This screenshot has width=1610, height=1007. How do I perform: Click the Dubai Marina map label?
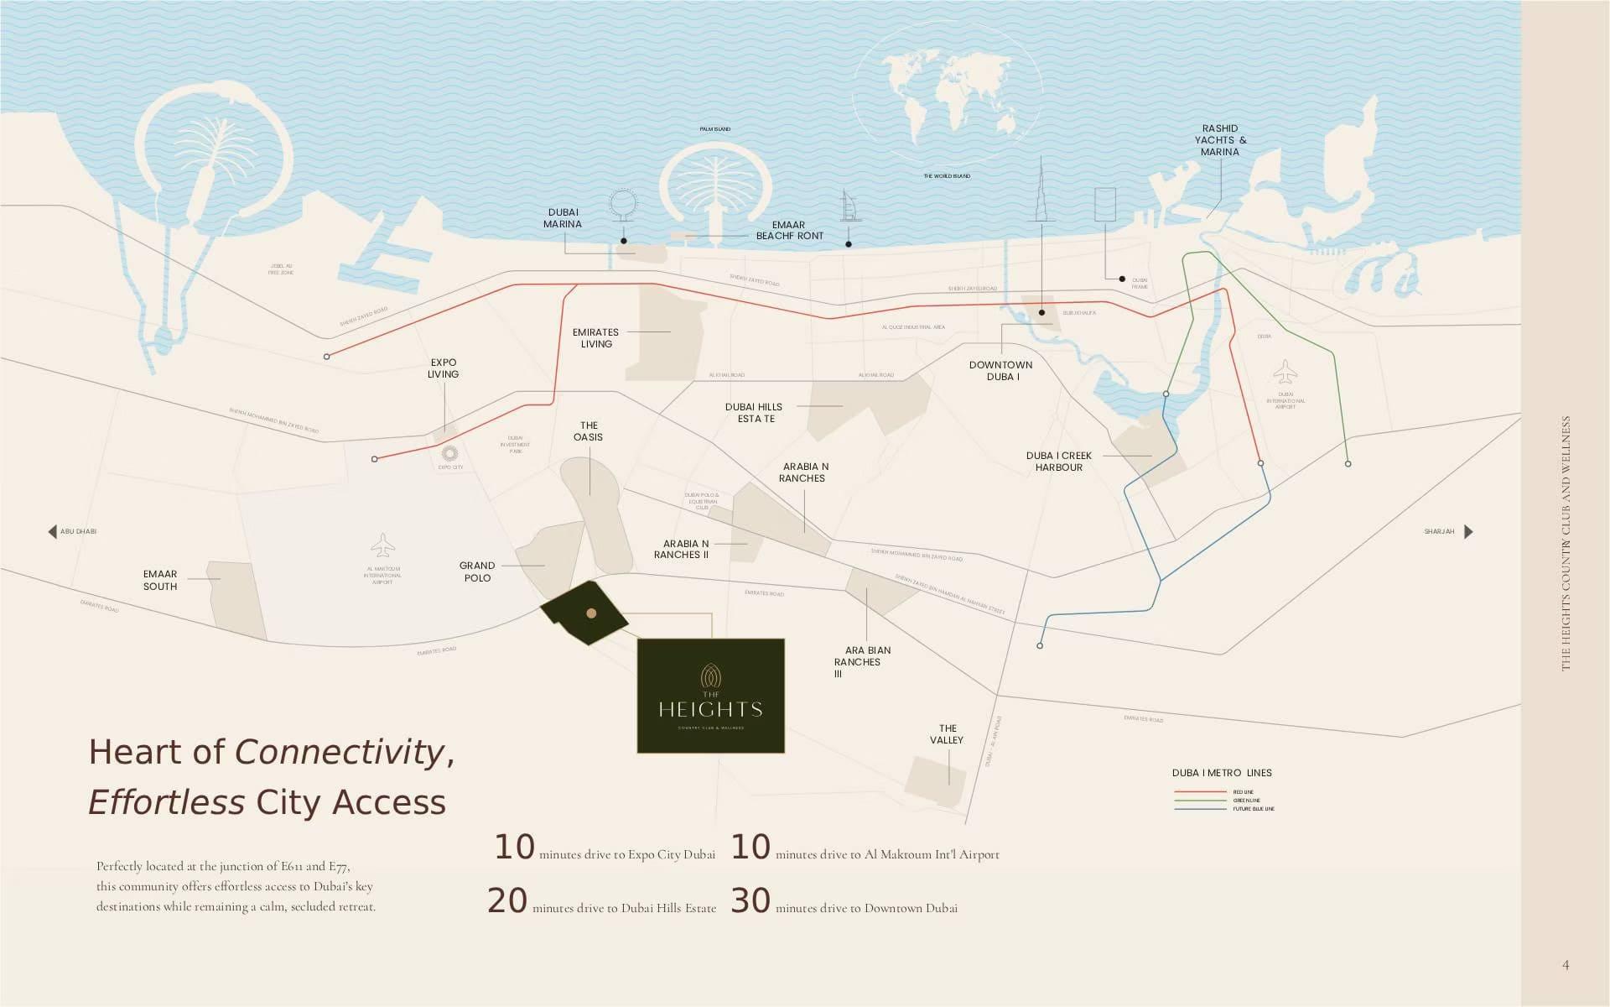(563, 218)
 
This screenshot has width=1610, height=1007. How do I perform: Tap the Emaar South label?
(159, 581)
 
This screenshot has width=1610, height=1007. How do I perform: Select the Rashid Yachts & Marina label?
(1220, 140)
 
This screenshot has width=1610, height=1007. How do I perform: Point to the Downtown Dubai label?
(1000, 371)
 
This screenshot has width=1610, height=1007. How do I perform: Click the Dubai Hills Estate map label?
(754, 413)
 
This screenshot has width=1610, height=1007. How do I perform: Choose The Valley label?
(947, 734)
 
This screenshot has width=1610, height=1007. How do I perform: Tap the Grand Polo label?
(477, 571)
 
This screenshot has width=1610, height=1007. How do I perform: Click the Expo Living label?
(443, 368)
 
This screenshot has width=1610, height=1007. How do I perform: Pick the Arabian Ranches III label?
(857, 661)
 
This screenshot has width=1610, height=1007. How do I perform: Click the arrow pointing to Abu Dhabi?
(53, 532)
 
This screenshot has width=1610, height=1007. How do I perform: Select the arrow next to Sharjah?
(1468, 532)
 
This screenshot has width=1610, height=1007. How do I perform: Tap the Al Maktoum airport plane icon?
(382, 545)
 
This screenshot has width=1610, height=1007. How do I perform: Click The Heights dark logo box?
(710, 696)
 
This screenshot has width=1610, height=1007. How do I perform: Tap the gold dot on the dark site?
(591, 613)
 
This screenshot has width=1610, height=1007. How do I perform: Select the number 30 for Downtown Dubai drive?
(750, 901)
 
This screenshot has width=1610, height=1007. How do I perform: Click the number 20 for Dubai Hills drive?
(507, 901)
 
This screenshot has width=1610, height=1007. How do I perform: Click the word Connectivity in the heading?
(340, 752)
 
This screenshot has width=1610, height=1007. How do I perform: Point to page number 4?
(1566, 965)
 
